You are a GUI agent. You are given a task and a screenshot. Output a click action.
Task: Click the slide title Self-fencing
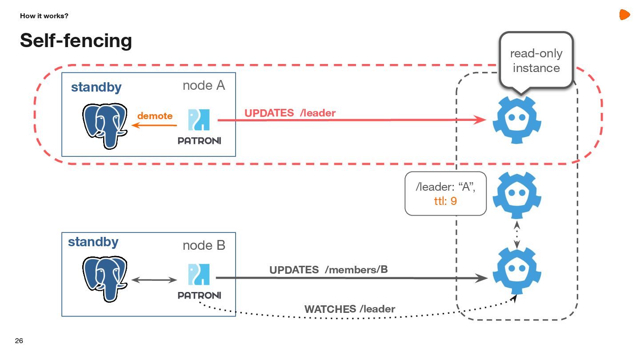coord(76,40)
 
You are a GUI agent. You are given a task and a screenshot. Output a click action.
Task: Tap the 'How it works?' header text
coord(44,16)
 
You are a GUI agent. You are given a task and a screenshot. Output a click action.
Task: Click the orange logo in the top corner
coord(624,15)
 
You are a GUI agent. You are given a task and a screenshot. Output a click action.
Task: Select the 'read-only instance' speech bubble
coord(536,60)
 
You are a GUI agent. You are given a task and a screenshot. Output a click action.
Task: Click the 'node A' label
coord(204,86)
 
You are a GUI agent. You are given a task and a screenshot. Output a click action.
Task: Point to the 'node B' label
coord(204,245)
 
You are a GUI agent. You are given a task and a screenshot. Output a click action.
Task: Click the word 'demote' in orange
coord(155,116)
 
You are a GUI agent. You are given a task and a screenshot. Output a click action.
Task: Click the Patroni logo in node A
coord(199,126)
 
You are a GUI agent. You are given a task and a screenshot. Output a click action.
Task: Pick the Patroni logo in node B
coord(199,280)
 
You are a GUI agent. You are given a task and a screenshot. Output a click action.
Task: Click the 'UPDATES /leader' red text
coord(290,113)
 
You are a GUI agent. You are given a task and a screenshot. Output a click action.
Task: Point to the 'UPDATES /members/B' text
coord(328,269)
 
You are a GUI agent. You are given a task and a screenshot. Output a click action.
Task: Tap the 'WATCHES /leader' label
coord(349,308)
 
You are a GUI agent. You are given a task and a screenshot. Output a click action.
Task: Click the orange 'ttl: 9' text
coord(445,201)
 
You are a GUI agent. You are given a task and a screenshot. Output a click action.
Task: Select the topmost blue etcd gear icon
coord(516,120)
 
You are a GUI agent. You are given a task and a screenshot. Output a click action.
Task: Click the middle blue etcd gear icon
coord(516,195)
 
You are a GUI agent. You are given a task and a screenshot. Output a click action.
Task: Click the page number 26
coord(19,341)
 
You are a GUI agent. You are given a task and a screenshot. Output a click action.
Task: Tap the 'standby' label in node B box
coord(93,242)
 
